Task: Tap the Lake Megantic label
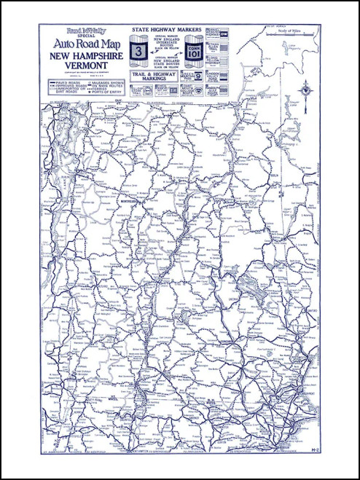(293, 47)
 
